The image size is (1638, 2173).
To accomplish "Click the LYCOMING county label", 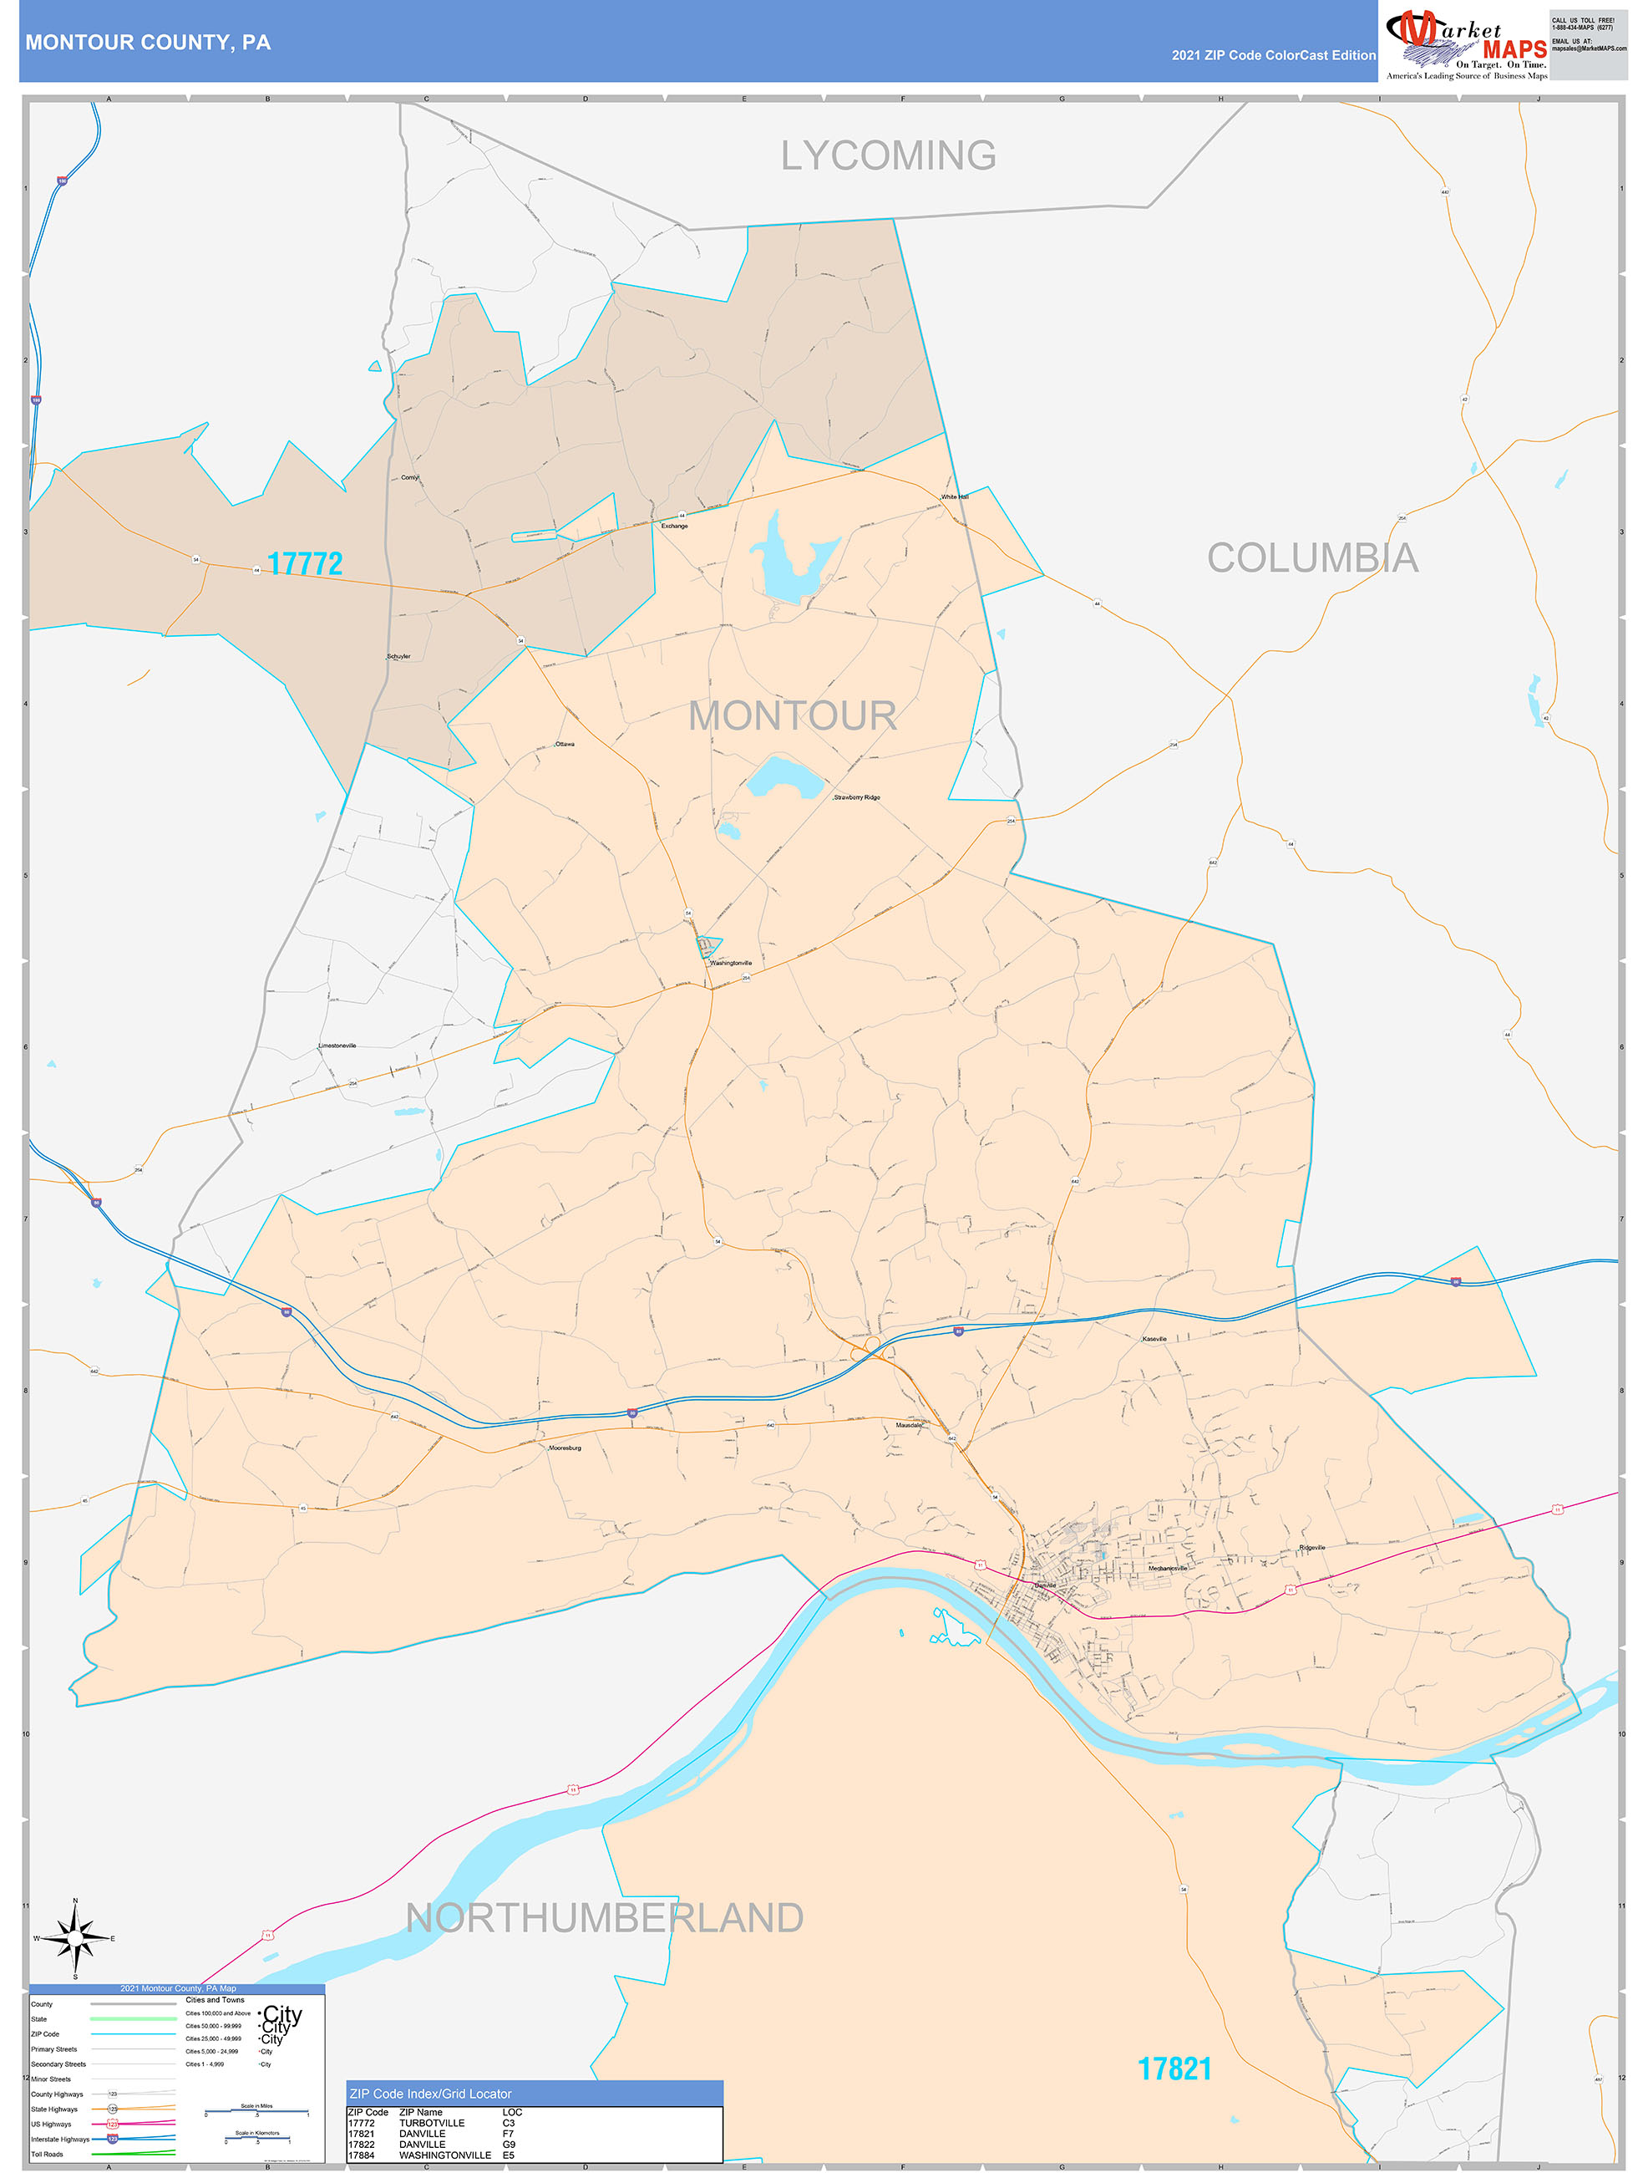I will (x=888, y=155).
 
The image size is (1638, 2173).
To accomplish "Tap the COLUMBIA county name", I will (x=1312, y=558).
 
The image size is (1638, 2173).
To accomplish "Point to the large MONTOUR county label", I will (x=793, y=715).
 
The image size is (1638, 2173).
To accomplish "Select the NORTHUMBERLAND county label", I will (x=605, y=1917).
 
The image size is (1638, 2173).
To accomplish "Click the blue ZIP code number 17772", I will (x=304, y=564).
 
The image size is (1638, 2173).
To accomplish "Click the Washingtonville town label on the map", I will (x=731, y=963).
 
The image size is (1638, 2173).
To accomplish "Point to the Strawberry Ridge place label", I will (x=856, y=797).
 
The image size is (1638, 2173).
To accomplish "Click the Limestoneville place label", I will (x=337, y=1046).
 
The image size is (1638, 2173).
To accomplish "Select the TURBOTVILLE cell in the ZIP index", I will (x=431, y=2123).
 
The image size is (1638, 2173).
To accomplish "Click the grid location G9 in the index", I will (x=509, y=2145).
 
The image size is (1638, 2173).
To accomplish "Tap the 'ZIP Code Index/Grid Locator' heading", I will (x=430, y=2094).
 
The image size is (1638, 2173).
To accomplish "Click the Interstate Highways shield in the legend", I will (x=112, y=2139).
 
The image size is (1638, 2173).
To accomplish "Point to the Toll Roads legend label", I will (x=47, y=2155).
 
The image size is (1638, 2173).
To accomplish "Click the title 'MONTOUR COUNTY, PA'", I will (x=147, y=43).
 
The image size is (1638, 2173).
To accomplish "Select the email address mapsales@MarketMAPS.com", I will (x=1588, y=48).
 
